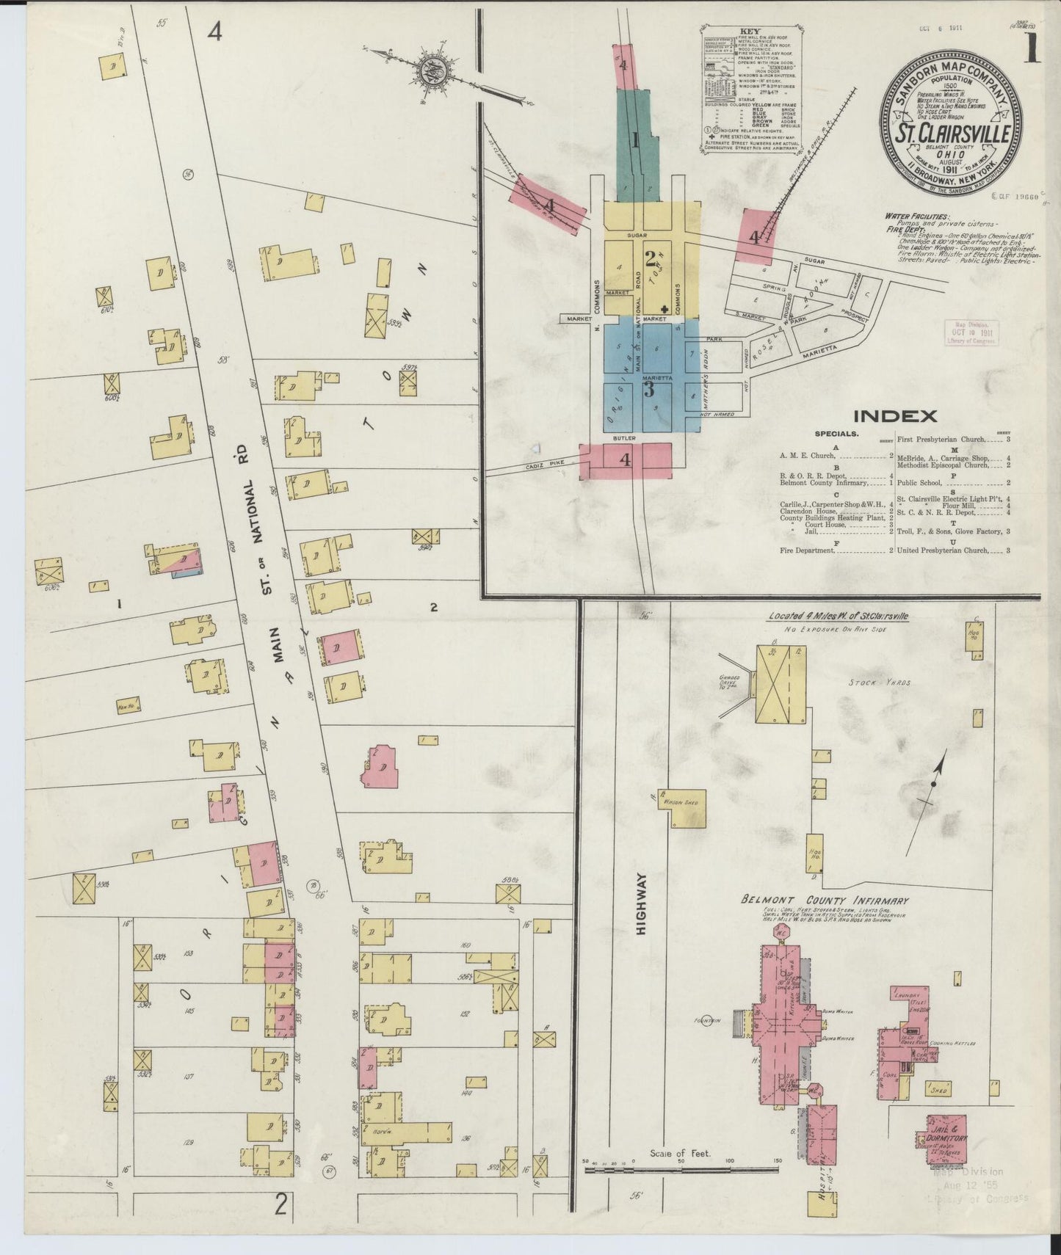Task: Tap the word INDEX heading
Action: (895, 416)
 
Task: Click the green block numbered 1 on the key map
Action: (633, 139)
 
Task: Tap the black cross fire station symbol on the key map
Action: (664, 309)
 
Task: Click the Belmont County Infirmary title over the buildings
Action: (825, 901)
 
